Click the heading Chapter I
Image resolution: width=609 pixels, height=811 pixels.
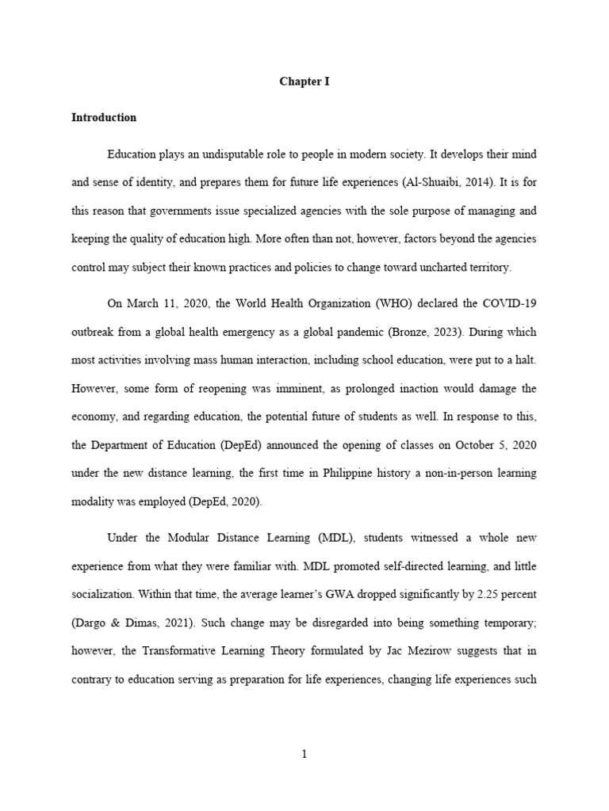click(304, 82)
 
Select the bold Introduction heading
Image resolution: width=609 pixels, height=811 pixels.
click(104, 117)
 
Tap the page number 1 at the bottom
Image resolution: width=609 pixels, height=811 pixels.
click(304, 755)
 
